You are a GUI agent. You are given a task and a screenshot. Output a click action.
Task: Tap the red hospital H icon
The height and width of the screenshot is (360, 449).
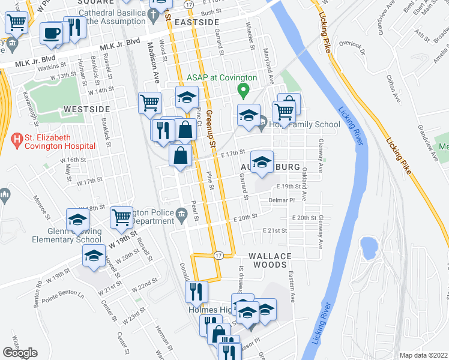(16, 141)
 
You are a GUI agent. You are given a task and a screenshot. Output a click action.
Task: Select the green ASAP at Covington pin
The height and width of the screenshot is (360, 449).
(243, 92)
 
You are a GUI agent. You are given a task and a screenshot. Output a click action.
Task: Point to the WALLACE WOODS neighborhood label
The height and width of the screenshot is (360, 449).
(270, 260)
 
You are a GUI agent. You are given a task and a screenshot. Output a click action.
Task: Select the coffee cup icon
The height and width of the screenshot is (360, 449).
(52, 34)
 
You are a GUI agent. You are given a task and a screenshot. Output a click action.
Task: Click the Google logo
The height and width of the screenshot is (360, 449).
(20, 353)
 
